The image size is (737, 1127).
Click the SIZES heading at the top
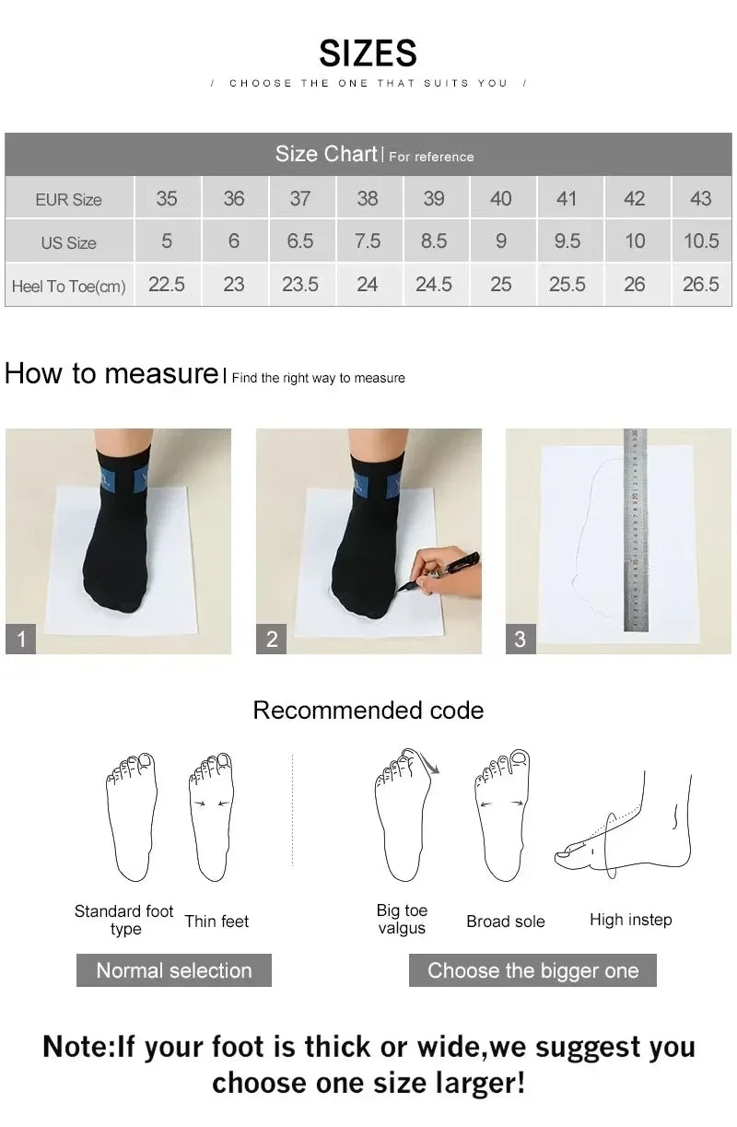[x=368, y=53]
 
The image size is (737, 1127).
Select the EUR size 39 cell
[x=434, y=198]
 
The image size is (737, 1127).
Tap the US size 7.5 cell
[x=367, y=241]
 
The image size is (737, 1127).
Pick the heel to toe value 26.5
[x=700, y=285]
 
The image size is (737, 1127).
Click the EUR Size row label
[x=68, y=199]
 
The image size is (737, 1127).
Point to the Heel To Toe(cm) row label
[x=68, y=286]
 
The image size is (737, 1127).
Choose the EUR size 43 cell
[x=700, y=198]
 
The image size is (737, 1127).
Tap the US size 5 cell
[x=167, y=241]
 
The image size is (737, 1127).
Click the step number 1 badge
[x=21, y=639]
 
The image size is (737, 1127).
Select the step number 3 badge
[x=521, y=639]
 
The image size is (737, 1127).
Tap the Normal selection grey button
[x=173, y=970]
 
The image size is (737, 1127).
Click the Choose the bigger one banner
[x=532, y=970]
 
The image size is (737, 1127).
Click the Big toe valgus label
[x=402, y=919]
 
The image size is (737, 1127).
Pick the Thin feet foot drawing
[x=212, y=816]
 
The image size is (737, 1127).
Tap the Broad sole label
[x=505, y=922]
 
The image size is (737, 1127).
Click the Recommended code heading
[x=368, y=710]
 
